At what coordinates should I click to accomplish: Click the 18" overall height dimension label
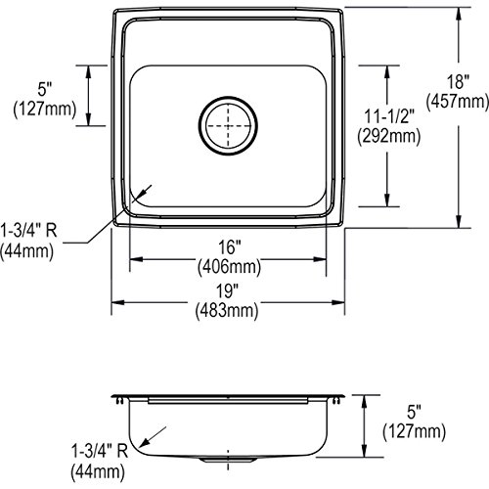pos(458,82)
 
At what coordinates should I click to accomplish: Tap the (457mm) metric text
pos(458,102)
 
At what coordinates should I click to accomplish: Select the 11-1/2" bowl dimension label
pos(388,116)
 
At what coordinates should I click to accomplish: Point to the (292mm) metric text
pos(389,136)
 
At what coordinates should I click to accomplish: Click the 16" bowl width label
pos(229,247)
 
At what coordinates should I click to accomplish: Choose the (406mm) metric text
pos(229,267)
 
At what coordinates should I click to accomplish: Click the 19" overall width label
pos(227,290)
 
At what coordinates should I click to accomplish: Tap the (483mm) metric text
pos(227,310)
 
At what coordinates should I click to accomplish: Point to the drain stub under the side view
pos(228,460)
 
